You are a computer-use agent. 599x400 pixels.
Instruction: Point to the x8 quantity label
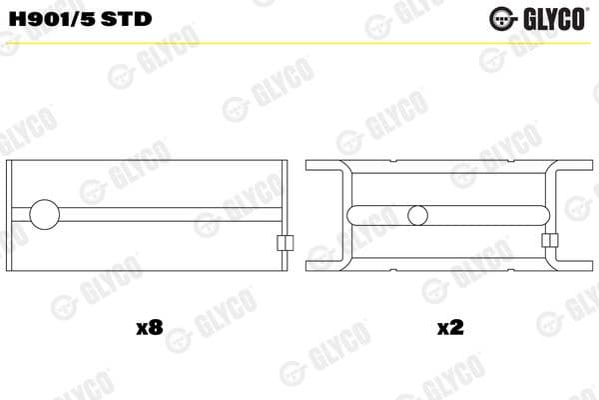(148, 327)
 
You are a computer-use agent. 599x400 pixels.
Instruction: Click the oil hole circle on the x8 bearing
(46, 215)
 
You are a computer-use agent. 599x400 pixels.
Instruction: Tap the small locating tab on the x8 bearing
(283, 243)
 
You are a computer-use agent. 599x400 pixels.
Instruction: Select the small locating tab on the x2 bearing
(548, 241)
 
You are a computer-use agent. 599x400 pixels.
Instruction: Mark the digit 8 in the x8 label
(154, 327)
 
